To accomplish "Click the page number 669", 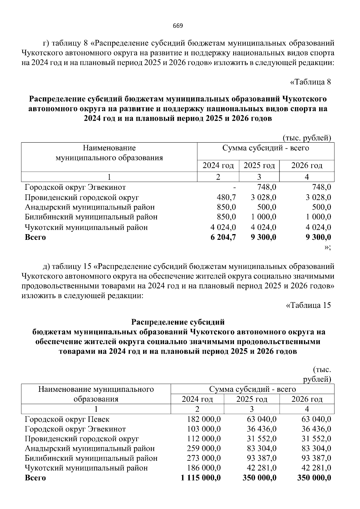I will pyautogui.click(x=178, y=25).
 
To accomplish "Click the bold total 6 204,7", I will pyautogui.click(x=223, y=237).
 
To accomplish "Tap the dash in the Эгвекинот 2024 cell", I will pyautogui.click(x=235, y=188).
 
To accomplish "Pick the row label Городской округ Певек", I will pyautogui.click(x=67, y=419).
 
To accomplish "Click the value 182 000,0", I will pyautogui.click(x=204, y=419).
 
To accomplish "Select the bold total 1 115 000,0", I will pyautogui.click(x=201, y=478).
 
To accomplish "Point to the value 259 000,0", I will pyautogui.click(x=204, y=448).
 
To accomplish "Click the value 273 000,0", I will pyautogui.click(x=204, y=458).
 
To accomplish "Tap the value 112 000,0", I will pyautogui.click(x=204, y=439).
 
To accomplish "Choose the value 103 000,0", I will pyautogui.click(x=204, y=429).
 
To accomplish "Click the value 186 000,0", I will pyautogui.click(x=204, y=468).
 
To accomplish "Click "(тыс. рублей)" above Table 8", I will pyautogui.click(x=307, y=138).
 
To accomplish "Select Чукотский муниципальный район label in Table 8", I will pyautogui.click(x=86, y=227).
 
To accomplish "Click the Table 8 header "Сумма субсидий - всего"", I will pyautogui.click(x=265, y=148).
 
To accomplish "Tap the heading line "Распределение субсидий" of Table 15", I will pyautogui.click(x=178, y=322).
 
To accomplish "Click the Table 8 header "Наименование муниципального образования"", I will pyautogui.click(x=109, y=153).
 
